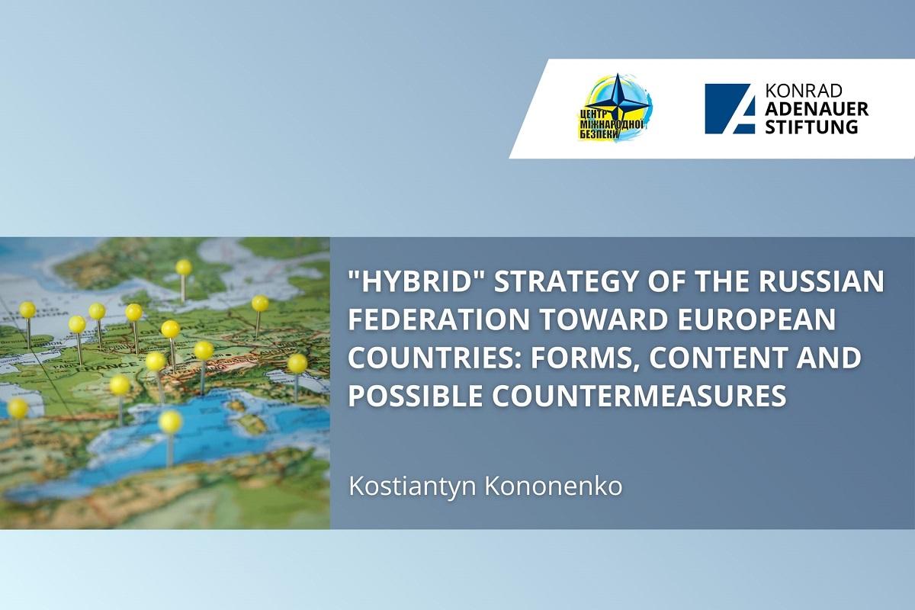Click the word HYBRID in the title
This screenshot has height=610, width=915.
pos(416,281)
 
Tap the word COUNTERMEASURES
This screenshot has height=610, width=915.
pos(639,395)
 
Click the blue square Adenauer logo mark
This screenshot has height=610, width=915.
pos(730,109)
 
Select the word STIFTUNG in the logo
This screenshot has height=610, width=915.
pos(811,127)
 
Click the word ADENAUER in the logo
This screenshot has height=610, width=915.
pos(817,109)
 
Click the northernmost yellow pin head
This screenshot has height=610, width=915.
pos(184,267)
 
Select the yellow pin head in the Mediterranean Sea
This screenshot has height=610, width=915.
pos(170,421)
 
